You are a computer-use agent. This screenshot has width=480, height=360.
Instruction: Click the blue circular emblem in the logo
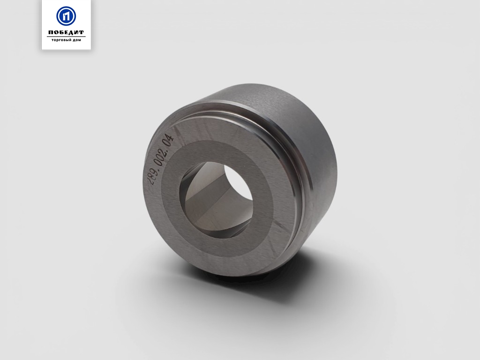click(x=66, y=16)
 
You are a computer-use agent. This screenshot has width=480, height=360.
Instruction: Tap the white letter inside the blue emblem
click(x=66, y=16)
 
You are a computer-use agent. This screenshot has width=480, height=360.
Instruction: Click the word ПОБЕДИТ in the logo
click(x=66, y=32)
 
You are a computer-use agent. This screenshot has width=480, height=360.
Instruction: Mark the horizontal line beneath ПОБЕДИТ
click(x=66, y=37)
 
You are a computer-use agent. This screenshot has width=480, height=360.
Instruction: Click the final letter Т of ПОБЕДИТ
click(x=81, y=32)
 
